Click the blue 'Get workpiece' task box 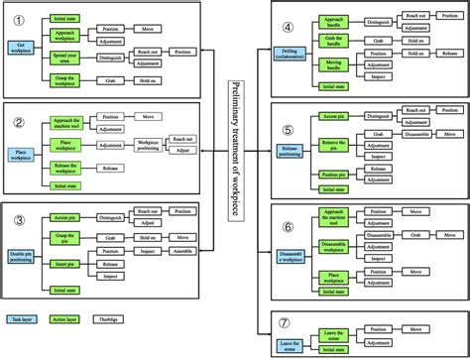[x=22, y=46]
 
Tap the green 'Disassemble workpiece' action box [x=333, y=248]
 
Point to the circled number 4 [x=288, y=27]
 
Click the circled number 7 [x=288, y=321]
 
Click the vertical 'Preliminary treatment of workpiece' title [x=235, y=149]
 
